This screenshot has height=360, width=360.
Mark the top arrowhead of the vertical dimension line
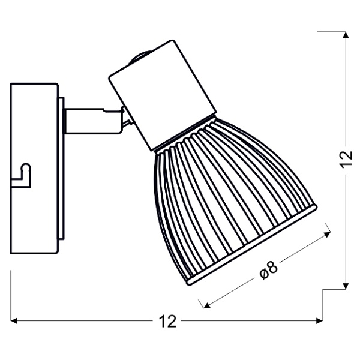[346, 35]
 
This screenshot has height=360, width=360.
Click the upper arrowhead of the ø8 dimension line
[327, 229]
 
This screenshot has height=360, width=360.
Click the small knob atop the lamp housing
[137, 58]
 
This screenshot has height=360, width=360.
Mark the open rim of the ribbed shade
[252, 246]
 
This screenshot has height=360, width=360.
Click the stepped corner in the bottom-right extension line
[325, 290]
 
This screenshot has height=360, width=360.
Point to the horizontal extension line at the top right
[333, 31]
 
